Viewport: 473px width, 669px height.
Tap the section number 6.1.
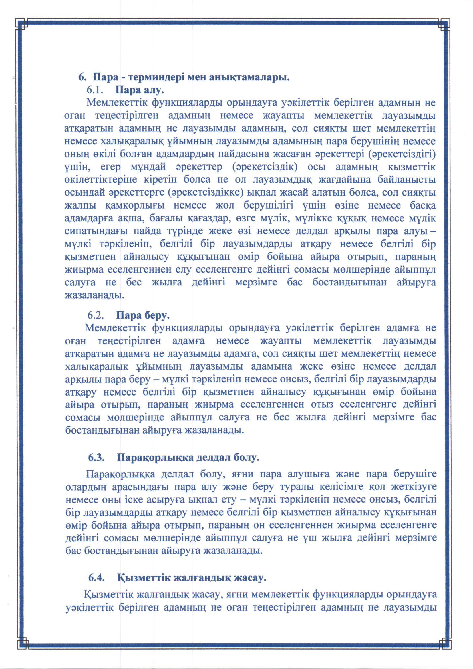point(95,90)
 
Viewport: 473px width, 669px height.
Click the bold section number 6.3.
point(96,457)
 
